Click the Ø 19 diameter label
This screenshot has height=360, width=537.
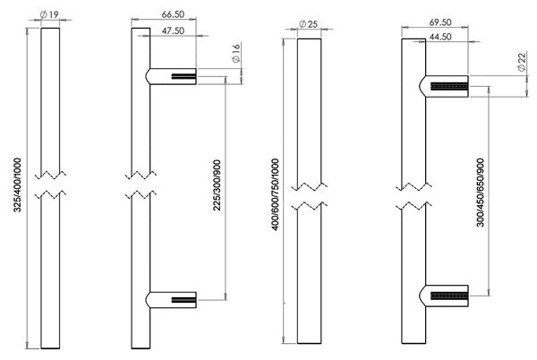[x=49, y=14]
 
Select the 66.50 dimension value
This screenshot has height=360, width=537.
[x=173, y=14]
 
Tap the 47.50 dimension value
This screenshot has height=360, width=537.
[x=173, y=30]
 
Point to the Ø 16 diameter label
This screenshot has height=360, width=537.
[x=236, y=53]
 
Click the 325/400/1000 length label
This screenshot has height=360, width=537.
[x=18, y=184]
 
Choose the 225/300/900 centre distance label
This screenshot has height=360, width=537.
[x=217, y=185]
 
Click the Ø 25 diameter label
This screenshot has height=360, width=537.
[x=308, y=24]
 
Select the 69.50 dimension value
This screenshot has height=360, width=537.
[x=440, y=22]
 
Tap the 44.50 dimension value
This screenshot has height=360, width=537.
[x=440, y=37]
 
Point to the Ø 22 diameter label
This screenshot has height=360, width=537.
[x=522, y=62]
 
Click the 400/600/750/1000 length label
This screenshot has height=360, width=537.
[x=276, y=194]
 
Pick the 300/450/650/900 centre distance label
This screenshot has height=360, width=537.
[x=481, y=193]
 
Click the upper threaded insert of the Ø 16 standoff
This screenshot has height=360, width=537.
[x=183, y=76]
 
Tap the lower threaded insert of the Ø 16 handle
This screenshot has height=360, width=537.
[x=183, y=300]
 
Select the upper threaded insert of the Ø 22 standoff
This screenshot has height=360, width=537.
[x=449, y=86]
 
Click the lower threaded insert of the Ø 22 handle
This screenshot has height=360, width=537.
[x=449, y=296]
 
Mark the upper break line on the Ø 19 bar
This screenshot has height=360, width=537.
[x=50, y=175]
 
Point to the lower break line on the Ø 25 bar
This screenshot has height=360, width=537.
[x=310, y=206]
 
